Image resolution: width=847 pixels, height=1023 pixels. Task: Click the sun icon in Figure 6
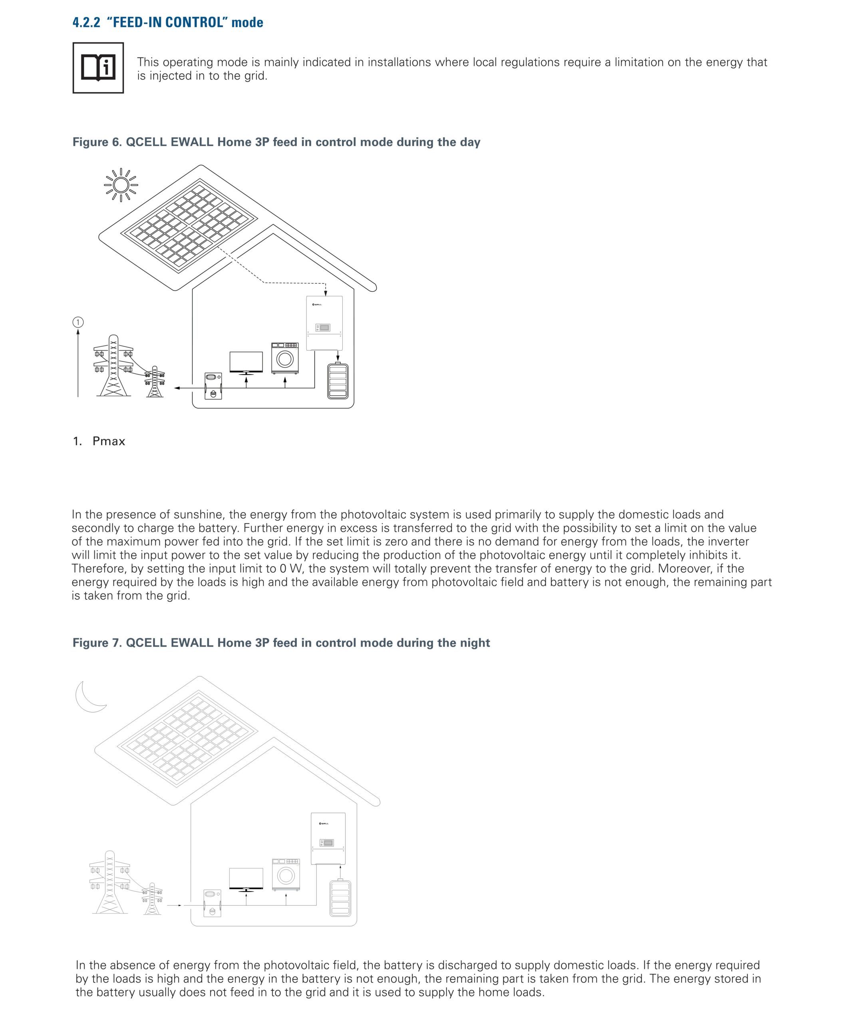121,185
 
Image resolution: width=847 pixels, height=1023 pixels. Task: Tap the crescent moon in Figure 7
89,697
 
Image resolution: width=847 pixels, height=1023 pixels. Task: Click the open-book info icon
98,68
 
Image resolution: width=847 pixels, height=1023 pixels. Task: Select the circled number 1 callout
78,322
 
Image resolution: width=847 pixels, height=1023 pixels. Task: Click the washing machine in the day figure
285,358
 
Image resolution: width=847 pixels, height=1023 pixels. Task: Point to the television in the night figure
246,879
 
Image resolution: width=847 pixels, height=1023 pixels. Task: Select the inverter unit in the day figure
324,322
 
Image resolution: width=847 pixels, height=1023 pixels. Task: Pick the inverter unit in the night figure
328,839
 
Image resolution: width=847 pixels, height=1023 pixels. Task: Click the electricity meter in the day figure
213,386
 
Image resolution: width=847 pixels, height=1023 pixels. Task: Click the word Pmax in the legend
109,441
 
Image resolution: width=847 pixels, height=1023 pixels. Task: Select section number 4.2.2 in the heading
86,22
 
